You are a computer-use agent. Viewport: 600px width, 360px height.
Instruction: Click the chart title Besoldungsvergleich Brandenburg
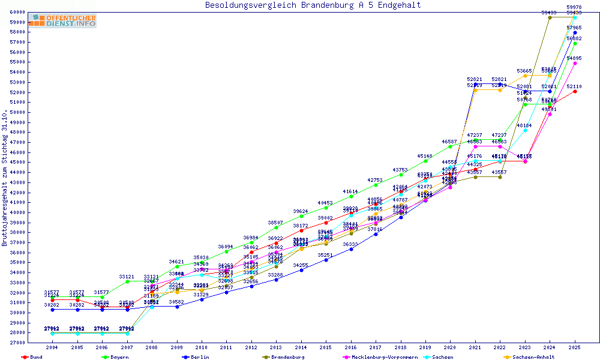click(313, 5)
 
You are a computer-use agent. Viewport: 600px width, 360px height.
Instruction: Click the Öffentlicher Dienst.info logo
click(62, 21)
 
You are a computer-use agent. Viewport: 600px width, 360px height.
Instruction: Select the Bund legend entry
click(33, 357)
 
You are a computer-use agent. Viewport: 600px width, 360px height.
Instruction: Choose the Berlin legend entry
click(197, 357)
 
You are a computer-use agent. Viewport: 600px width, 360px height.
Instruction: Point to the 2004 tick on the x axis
click(53, 347)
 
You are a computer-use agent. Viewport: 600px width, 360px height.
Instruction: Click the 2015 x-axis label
click(326, 347)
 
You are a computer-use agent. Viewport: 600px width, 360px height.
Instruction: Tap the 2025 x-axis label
click(575, 347)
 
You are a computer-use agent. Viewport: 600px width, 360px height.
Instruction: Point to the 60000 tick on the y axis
click(16, 12)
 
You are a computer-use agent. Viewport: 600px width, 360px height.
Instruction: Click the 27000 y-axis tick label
click(16, 343)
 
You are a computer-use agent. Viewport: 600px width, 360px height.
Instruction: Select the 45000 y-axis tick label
click(16, 162)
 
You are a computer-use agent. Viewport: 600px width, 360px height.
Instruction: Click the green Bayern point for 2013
click(276, 227)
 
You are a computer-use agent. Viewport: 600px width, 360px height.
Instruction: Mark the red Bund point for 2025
click(575, 91)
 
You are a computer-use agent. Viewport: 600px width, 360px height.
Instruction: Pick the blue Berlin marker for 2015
click(326, 260)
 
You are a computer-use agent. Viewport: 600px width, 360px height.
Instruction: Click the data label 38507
click(276, 223)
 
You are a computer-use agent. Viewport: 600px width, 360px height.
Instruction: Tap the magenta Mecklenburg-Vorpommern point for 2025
click(575, 63)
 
